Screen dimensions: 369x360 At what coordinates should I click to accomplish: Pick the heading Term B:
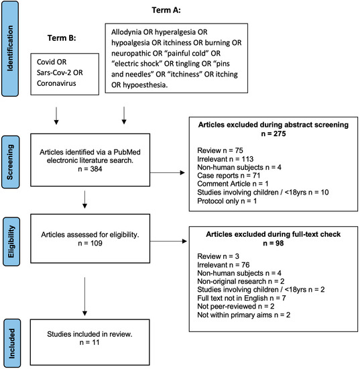65,38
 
